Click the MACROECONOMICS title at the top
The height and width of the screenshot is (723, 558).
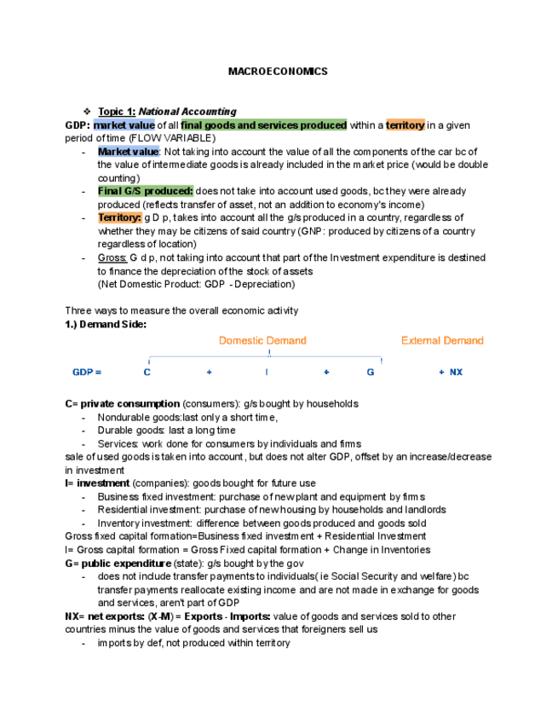278,72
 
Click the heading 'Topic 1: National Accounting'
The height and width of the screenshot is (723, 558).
167,112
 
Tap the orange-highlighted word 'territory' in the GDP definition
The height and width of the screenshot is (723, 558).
406,125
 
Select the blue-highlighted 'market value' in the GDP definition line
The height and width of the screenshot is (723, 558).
124,125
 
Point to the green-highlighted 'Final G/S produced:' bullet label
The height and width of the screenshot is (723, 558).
146,191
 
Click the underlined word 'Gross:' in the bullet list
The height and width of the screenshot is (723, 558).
112,257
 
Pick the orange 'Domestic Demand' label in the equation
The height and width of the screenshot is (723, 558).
262,340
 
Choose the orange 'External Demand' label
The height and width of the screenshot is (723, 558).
442,340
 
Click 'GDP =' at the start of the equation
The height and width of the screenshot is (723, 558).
87,373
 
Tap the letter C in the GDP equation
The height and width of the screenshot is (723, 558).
147,373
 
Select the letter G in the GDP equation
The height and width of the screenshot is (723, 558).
371,373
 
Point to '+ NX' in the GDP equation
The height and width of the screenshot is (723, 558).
451,373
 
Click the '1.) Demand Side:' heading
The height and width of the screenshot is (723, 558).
106,324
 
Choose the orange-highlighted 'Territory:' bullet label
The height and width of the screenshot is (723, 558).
119,217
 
